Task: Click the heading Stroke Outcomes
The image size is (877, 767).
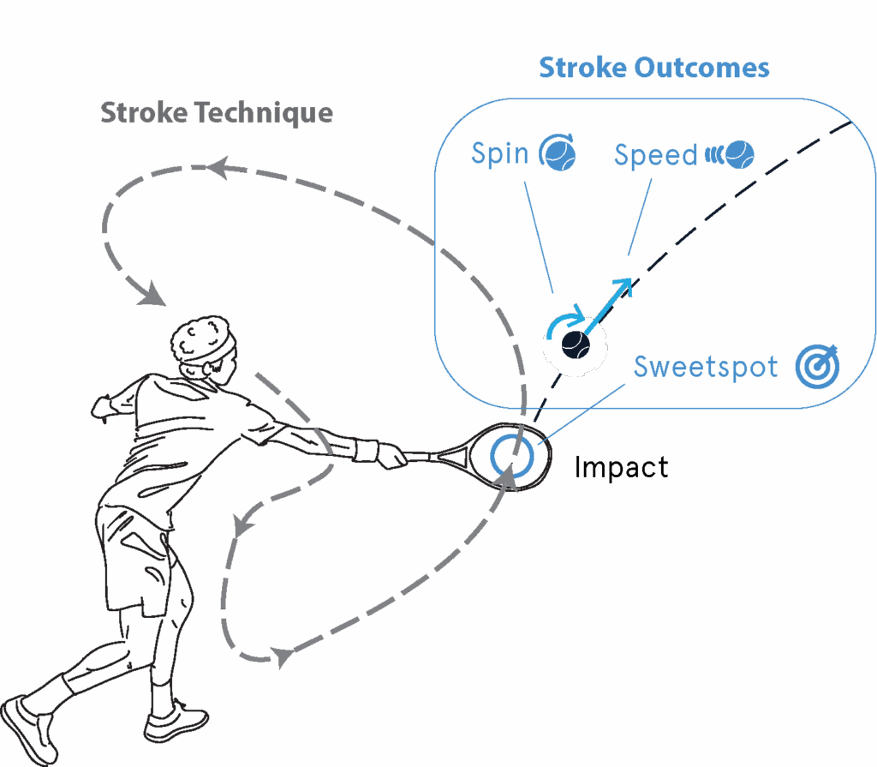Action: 653,68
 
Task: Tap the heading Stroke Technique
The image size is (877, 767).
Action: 217,112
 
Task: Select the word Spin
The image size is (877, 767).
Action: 499,154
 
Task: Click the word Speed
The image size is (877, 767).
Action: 656,155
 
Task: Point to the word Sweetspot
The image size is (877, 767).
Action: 706,367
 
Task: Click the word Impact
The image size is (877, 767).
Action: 621,468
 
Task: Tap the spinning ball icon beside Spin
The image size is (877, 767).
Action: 558,154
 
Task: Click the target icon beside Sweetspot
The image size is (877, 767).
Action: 817,366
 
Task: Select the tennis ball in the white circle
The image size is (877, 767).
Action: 576,344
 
